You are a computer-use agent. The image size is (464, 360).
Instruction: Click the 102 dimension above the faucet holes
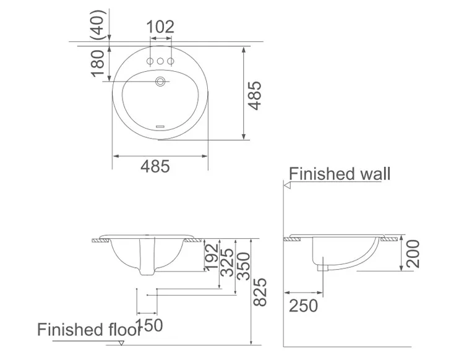point(160,27)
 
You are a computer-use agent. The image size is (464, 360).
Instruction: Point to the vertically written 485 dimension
point(256,95)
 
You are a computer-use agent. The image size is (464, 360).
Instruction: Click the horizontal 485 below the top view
point(155,166)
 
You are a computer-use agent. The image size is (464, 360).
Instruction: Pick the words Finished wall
point(340,173)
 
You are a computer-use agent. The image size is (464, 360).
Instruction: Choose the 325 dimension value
point(228,262)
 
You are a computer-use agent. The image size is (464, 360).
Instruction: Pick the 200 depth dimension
point(413,254)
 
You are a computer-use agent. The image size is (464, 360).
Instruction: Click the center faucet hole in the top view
point(160,61)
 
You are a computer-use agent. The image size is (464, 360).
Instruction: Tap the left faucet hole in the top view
point(150,61)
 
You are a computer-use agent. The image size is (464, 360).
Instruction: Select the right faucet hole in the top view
point(171,61)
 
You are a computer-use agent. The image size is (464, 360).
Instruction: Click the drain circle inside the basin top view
point(161,80)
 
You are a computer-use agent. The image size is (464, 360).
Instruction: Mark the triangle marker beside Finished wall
point(286,185)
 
